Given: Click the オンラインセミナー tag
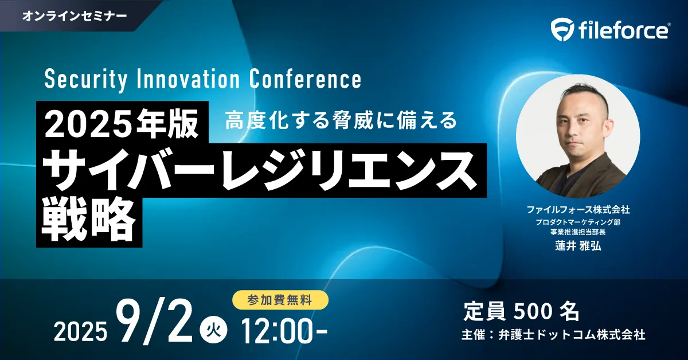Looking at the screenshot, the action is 75,15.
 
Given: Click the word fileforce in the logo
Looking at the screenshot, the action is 624,30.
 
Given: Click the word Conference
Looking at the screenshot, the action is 305,79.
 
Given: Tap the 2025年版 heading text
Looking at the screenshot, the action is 122,124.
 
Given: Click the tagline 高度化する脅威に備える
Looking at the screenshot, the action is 341,120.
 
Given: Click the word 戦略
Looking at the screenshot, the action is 88,220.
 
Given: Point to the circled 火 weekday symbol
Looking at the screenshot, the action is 214,332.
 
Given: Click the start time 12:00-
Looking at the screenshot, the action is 284,331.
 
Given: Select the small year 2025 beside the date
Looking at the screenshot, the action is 81,332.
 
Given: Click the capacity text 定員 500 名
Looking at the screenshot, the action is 521,311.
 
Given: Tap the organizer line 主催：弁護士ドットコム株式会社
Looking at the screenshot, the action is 553,335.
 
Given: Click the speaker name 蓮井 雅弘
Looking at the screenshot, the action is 578,246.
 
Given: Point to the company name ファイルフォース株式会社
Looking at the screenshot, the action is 578,210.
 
